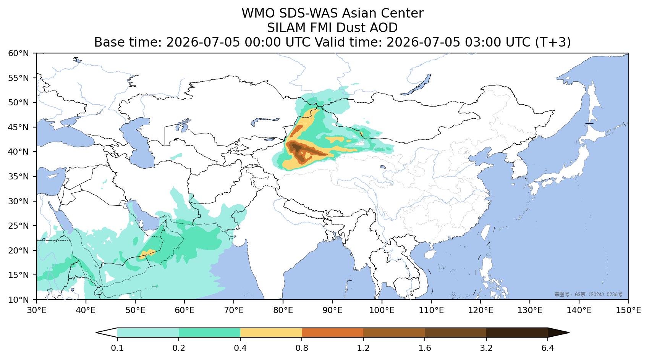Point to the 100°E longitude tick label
tap(382, 310)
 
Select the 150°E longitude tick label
tap(628, 310)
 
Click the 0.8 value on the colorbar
tap(302, 348)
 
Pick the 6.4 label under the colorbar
tap(548, 348)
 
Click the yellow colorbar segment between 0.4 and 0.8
tap(271, 333)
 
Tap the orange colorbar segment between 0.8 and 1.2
tap(332, 333)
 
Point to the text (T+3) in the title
tap(553, 42)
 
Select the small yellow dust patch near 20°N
tap(147, 254)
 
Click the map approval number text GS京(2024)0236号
tap(588, 294)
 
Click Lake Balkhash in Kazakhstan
tap(263, 121)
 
